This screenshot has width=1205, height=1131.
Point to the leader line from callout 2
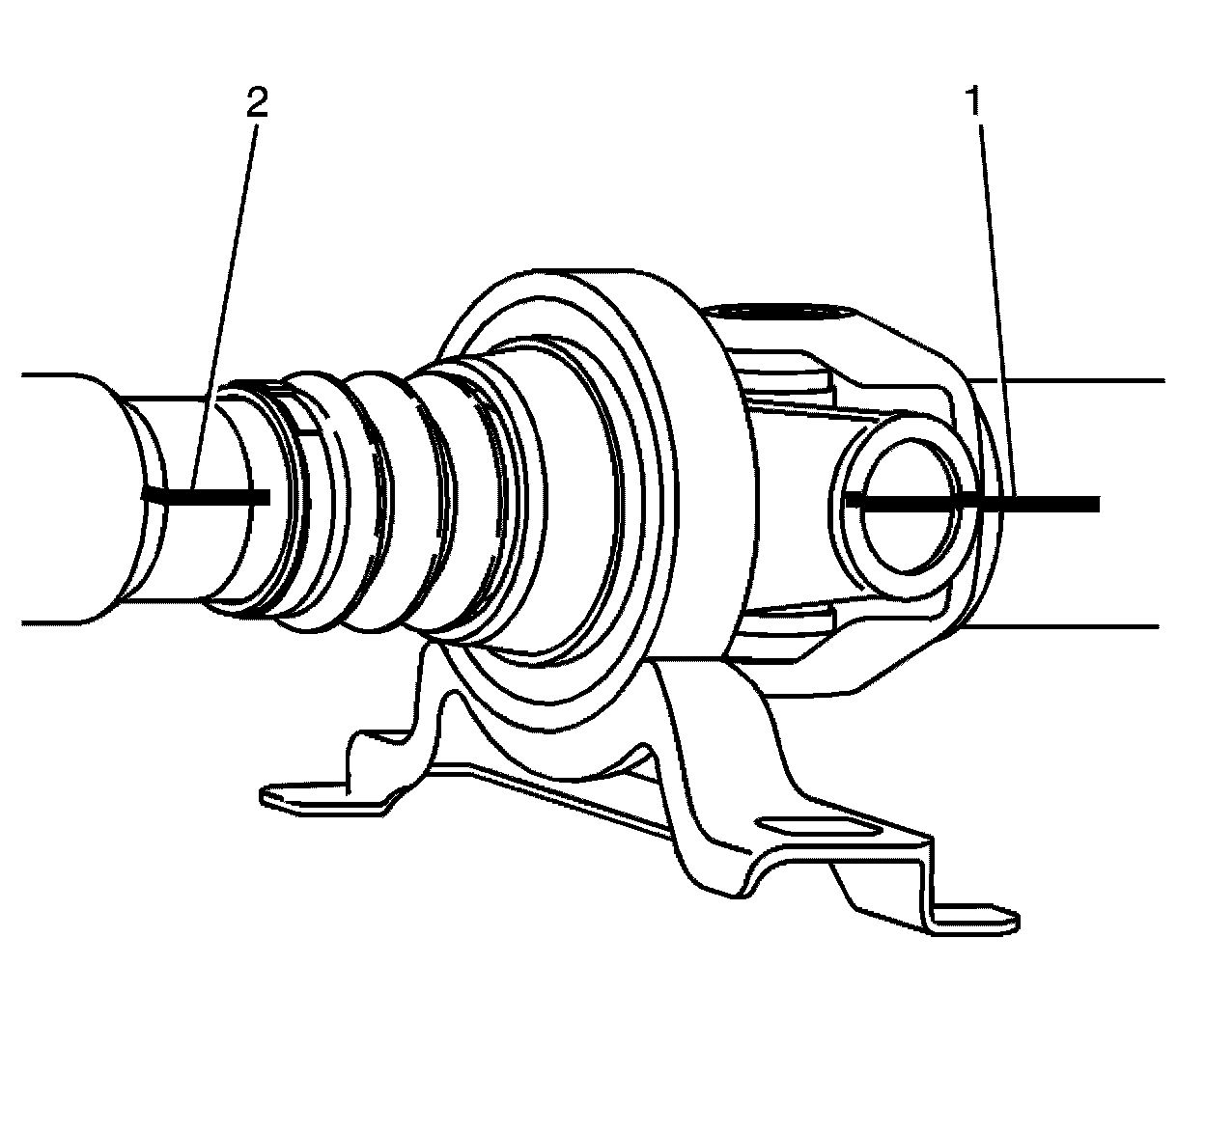tap(227, 290)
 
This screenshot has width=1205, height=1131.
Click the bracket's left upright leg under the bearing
tap(430, 704)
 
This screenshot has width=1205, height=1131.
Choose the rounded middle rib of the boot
tap(377, 502)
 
